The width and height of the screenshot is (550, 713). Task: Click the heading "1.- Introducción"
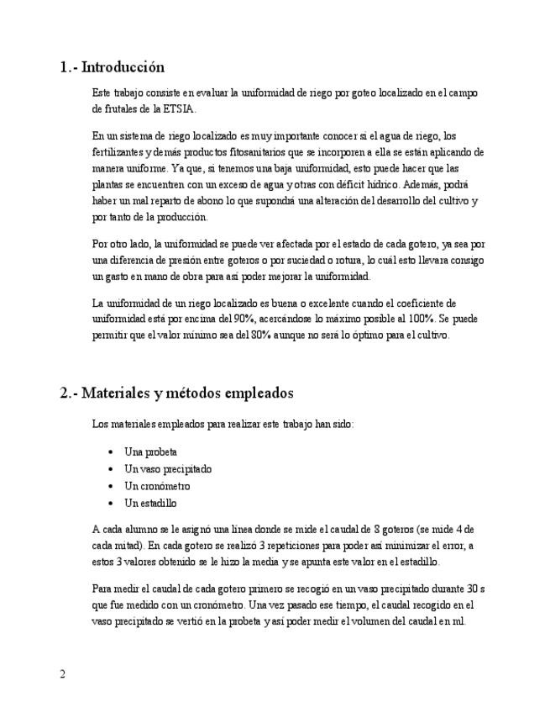point(112,67)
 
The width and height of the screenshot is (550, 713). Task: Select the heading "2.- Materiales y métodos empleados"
point(176,393)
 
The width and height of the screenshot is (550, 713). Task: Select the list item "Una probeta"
point(150,452)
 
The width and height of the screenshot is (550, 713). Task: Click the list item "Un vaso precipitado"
point(167,468)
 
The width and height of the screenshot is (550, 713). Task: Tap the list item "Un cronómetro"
point(157,486)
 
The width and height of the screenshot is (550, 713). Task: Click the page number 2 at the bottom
point(63,674)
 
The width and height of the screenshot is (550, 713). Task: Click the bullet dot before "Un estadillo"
point(112,504)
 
